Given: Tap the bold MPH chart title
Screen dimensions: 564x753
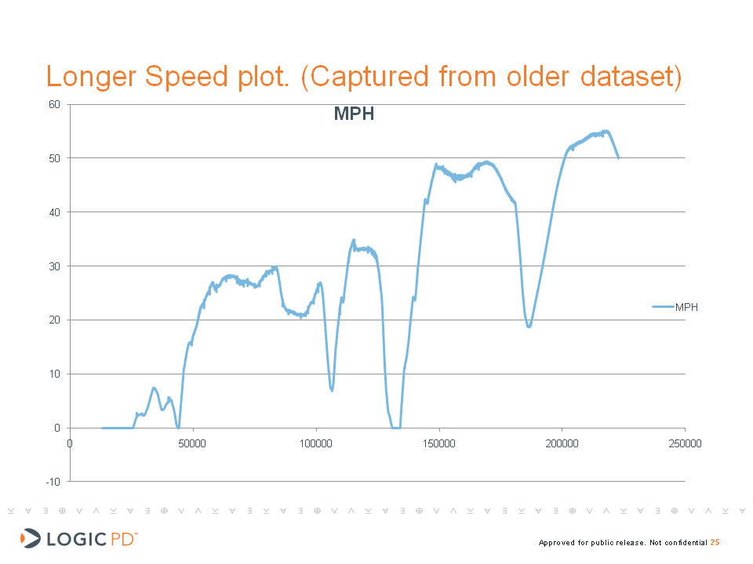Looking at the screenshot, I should point(354,114).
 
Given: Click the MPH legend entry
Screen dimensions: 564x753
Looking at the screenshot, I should point(686,307).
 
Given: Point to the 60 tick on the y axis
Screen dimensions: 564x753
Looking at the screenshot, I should point(54,104).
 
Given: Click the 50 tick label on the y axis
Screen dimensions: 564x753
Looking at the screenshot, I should point(54,158).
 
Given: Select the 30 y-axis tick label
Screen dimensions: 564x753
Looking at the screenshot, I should point(54,266).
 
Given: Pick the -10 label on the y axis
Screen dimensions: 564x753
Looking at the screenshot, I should point(53,481).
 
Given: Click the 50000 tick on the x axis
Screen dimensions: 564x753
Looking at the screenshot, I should point(193,443).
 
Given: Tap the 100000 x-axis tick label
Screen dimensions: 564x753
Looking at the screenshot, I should point(316,443).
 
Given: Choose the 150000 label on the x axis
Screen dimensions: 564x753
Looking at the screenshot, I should point(439,443).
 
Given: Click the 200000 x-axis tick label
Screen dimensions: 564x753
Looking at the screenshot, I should point(562,443).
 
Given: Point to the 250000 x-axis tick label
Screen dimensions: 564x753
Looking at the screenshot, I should point(685,443).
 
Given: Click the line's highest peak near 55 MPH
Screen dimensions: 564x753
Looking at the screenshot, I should point(606,131).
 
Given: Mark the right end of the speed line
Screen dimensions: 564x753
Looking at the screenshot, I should point(618,157).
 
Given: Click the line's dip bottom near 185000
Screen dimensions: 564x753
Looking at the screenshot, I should point(529,326).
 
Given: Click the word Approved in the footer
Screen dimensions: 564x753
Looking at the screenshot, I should point(557,543).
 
